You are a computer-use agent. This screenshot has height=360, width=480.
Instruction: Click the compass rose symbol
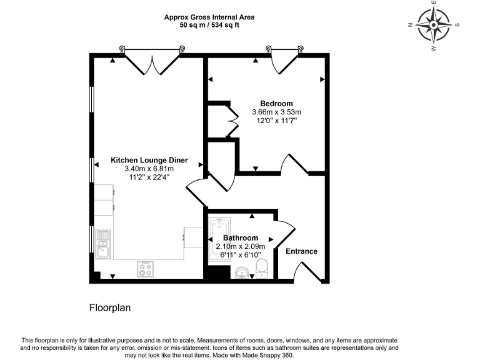coord(433,26)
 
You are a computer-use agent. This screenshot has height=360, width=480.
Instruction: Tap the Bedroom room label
coord(276,103)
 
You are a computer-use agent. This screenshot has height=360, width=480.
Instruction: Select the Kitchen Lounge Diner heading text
coord(149,160)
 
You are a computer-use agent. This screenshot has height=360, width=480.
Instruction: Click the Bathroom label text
coord(241,238)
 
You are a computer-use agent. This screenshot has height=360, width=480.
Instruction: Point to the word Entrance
coord(301,251)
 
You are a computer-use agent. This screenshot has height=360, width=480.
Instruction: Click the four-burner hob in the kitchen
coord(146,269)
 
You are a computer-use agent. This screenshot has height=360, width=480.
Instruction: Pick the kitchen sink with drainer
coord(102,244)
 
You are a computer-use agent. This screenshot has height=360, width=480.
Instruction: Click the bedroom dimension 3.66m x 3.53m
coord(276,112)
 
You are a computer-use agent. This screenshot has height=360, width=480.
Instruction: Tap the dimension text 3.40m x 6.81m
coord(149,169)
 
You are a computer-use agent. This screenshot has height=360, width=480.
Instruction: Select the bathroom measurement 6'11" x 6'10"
coord(241,255)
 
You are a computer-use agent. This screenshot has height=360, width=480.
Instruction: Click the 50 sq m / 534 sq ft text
coord(209,26)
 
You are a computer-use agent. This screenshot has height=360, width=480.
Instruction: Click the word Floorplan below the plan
coord(110,307)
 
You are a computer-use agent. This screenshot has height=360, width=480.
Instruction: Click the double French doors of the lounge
coord(152,62)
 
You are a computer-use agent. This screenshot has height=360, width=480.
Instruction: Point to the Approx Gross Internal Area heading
coord(209,17)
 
